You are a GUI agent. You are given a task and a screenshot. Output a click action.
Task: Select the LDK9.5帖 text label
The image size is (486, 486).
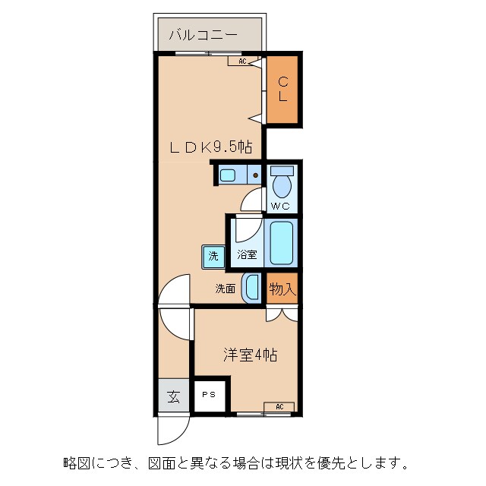click(210, 148)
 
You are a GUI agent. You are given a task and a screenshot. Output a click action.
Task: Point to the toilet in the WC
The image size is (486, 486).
click(282, 182)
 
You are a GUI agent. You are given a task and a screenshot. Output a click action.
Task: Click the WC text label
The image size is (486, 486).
click(280, 206)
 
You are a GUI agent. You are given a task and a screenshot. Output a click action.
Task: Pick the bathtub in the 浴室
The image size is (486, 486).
click(281, 242)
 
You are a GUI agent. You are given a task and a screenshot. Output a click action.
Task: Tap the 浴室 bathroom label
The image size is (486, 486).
click(247, 255)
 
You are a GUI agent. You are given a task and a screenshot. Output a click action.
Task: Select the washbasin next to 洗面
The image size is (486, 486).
click(251, 288)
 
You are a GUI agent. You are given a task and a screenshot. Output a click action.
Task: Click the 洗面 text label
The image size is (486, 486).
click(225, 289)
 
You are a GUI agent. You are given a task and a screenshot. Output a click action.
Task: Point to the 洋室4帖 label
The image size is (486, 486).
click(249, 355)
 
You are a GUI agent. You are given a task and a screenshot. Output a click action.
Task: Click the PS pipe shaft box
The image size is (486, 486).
click(208, 395)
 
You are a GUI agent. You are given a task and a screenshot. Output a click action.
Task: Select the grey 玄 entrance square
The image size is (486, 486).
click(174, 396)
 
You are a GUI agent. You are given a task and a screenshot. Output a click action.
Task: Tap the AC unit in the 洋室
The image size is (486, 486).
click(279, 407)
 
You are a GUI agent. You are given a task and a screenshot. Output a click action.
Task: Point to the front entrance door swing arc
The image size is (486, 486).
click(169, 431)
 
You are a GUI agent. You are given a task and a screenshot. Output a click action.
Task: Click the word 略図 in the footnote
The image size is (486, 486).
click(75, 461)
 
